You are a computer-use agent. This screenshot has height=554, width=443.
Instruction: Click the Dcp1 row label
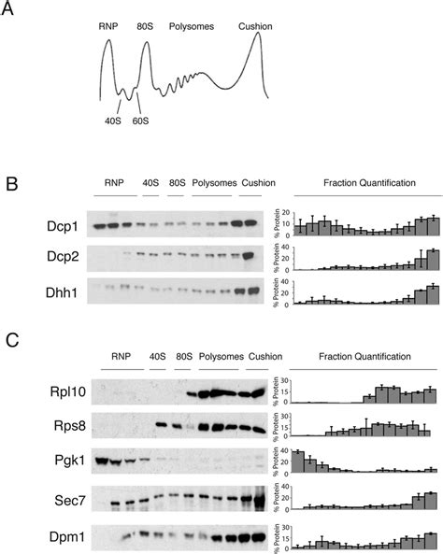(59, 225)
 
